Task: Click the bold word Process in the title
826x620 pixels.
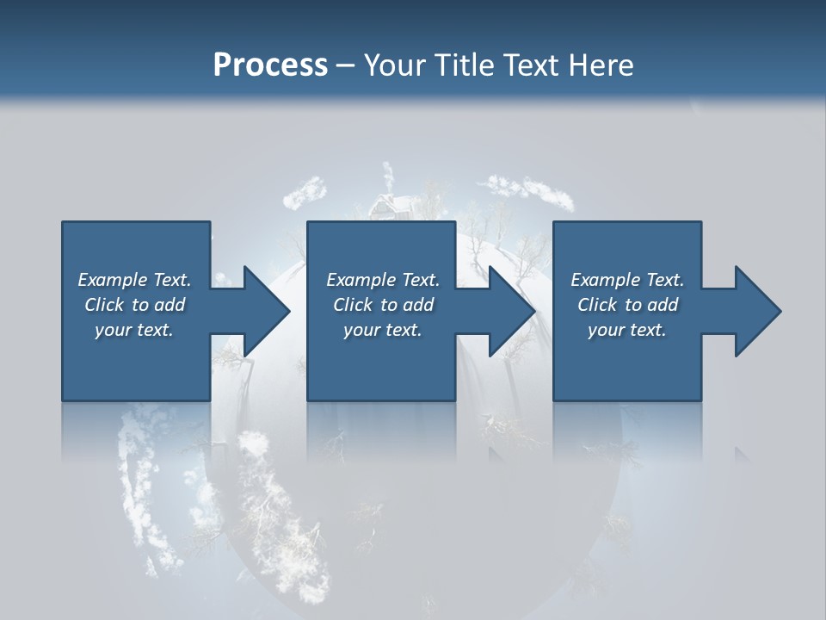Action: point(270,65)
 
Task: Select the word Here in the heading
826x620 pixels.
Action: point(601,65)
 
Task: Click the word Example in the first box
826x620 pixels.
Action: point(113,280)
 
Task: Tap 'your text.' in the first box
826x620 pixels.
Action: point(134,330)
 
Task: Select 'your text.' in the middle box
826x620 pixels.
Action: point(383,330)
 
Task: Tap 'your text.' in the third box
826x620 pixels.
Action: point(627,330)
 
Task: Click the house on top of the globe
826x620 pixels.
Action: point(388,207)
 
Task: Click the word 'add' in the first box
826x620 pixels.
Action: point(170,305)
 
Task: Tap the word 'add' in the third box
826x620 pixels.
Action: point(663,305)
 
